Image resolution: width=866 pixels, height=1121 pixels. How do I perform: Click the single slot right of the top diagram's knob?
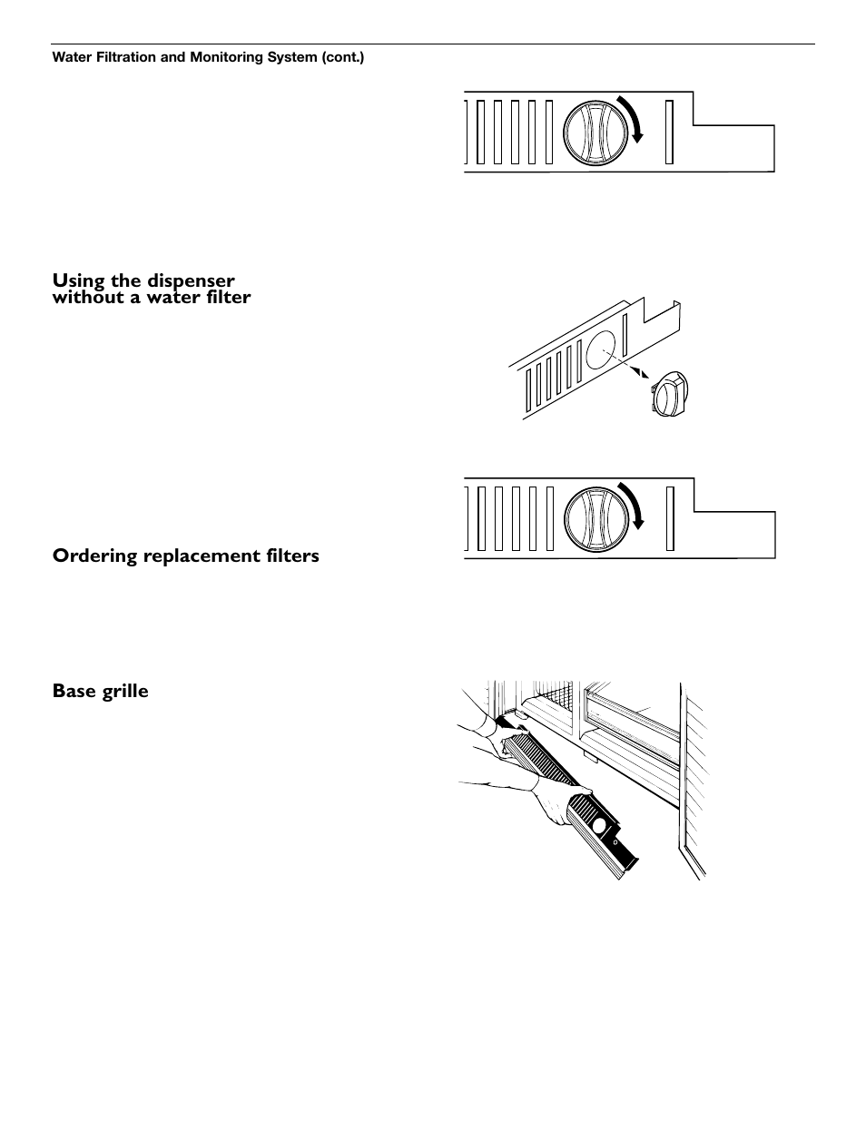tap(669, 133)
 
